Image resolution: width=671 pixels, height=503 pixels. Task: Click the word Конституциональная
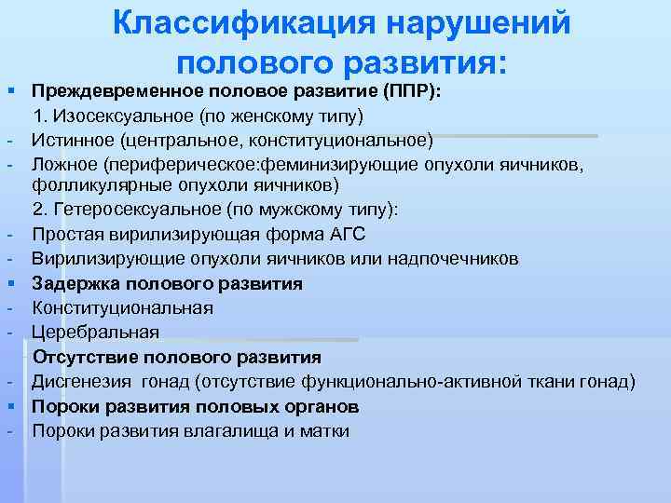click(122, 307)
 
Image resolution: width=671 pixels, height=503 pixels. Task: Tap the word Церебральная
click(95, 332)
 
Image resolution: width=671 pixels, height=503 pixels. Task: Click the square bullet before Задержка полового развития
click(8, 283)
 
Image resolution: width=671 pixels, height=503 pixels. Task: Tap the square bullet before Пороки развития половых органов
click(8, 407)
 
